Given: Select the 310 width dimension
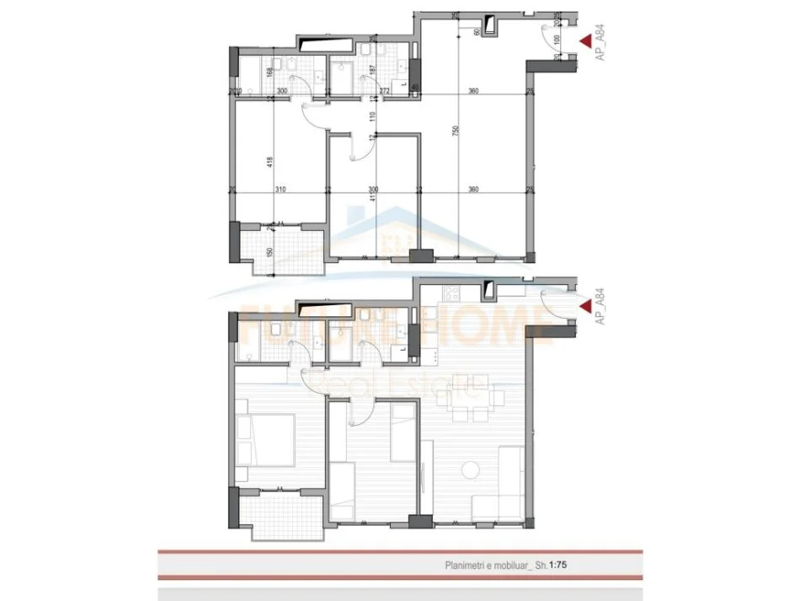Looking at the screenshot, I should coord(280,190).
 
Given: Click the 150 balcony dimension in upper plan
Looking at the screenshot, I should coord(269,251).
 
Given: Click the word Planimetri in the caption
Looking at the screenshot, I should coord(468,566).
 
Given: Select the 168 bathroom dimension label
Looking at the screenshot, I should coord(269,72).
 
